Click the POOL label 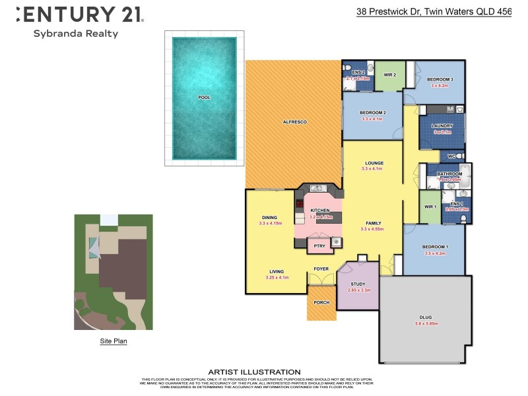205,98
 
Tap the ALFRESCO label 294,122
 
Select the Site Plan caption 114,341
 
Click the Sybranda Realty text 75,34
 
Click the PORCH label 321,303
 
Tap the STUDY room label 358,284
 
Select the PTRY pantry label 319,246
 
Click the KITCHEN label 319,211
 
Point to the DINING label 270,217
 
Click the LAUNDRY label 442,125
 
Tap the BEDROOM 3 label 439,79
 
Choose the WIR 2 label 389,75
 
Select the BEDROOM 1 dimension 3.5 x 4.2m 436,253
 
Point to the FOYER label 321,269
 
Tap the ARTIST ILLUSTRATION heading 254,372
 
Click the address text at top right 434,11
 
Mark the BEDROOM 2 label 374,113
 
